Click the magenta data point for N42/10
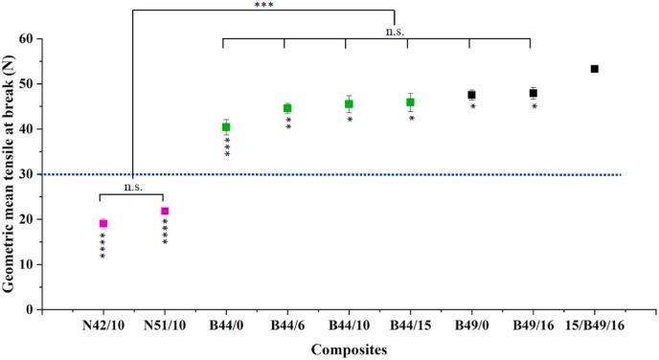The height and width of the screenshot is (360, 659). (103, 223)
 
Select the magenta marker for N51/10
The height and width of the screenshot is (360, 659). (165, 211)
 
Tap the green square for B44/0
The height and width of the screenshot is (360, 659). (226, 126)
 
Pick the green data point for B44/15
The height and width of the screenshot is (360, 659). (410, 101)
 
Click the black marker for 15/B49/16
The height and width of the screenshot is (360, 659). (595, 69)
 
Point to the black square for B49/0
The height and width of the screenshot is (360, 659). (471, 95)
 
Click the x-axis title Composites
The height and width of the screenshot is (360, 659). (349, 349)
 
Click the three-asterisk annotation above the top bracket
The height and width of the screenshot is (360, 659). (263, 6)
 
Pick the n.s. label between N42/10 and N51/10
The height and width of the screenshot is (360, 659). (133, 187)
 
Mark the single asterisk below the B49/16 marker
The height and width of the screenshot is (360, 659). (534, 107)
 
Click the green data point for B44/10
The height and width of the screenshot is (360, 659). (349, 104)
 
